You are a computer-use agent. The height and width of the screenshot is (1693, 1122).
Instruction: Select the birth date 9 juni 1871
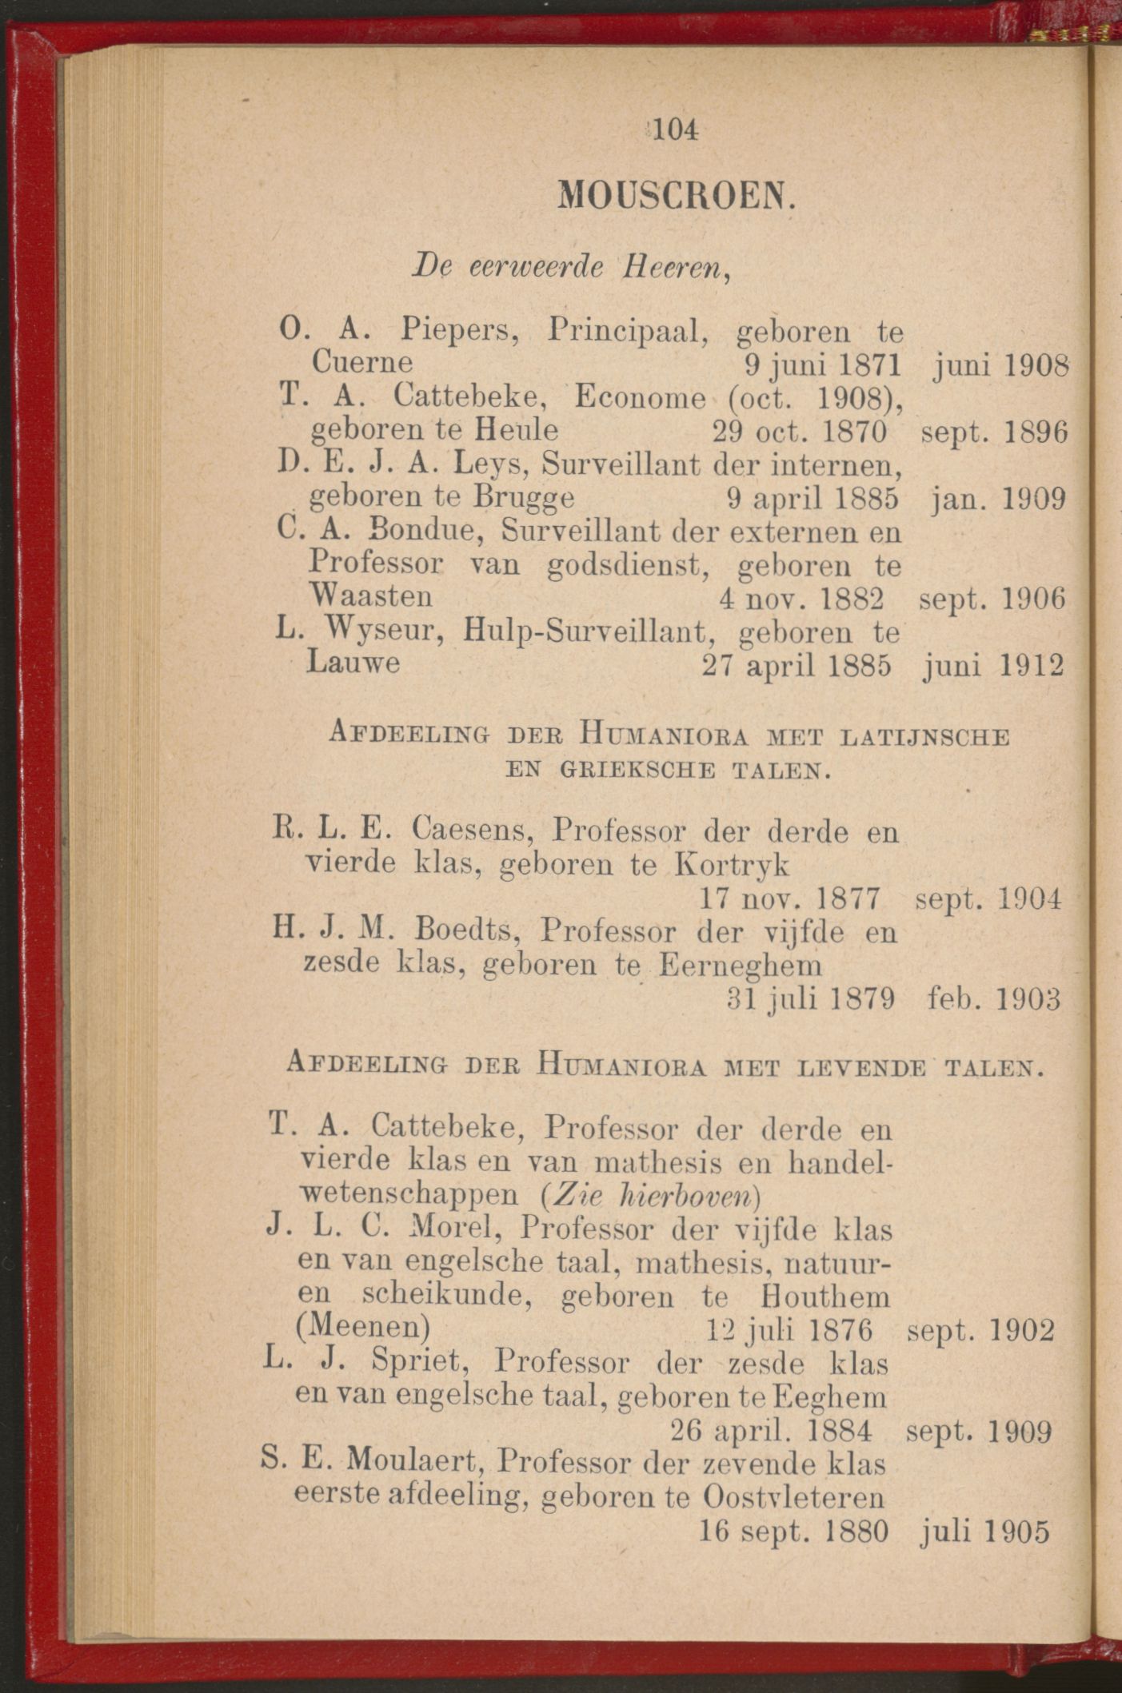822,366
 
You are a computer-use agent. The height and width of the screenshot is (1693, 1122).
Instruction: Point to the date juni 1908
1000,366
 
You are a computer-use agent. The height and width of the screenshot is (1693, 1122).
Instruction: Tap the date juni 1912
993,665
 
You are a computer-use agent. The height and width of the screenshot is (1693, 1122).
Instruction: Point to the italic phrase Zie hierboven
649,1196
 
